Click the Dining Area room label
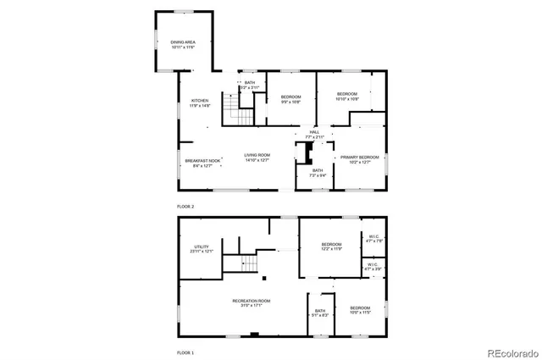point(182,42)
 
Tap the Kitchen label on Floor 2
point(200,101)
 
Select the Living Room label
point(257,155)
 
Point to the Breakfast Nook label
point(202,160)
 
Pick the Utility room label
point(202,246)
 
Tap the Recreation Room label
point(252,301)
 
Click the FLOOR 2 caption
point(185,207)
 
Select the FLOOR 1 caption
point(185,352)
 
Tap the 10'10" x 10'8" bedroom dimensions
point(347,98)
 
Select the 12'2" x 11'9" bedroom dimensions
point(331,249)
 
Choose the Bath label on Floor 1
point(320,311)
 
